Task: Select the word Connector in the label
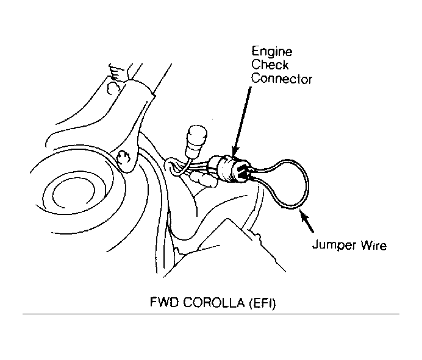tap(282, 79)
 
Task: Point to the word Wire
tap(374, 245)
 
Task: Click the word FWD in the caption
tap(164, 302)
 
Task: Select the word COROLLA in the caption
tap(214, 303)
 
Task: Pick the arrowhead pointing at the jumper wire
tap(304, 216)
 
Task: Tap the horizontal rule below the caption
tap(211, 314)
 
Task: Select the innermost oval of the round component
tap(73, 191)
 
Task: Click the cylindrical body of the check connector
tap(227, 169)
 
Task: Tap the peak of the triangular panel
tap(227, 219)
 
